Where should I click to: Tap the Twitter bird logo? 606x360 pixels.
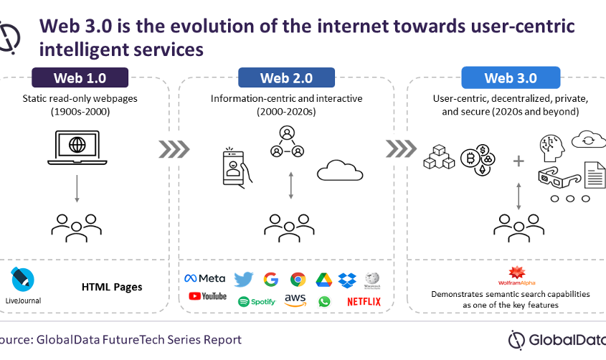pos(244,279)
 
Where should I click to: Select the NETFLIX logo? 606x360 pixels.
pos(364,301)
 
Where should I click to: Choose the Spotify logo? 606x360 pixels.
pos(256,302)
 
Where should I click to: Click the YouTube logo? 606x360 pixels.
pos(207,296)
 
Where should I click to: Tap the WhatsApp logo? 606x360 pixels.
pos(324,302)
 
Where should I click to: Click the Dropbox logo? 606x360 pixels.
pos(347,279)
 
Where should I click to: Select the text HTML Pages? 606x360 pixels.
pos(112,287)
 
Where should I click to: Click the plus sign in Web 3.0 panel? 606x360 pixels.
pos(519,161)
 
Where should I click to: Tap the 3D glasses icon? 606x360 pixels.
pos(557,176)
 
